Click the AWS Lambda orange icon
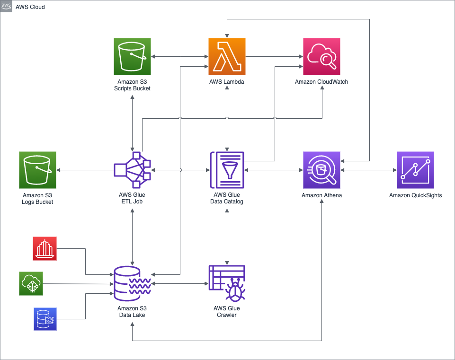pos(227,57)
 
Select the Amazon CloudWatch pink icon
pos(322,57)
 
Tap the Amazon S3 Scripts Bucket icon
pos(133,57)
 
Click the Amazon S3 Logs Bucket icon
pos(38,170)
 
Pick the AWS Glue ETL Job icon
pos(133,170)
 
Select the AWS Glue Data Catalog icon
pos(227,170)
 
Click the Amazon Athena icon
pos(322,170)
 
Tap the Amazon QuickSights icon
pos(416,170)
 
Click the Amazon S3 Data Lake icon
pos(133,283)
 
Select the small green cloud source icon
pos(31,283)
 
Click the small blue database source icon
pos(45,318)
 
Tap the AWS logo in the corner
pos(6,6)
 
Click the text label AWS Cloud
pos(30,7)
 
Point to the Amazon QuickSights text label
pos(416,195)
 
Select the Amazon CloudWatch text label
pos(322,82)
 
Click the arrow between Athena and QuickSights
pos(369,170)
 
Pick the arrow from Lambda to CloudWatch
pos(275,57)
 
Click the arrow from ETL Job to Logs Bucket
pos(85,170)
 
